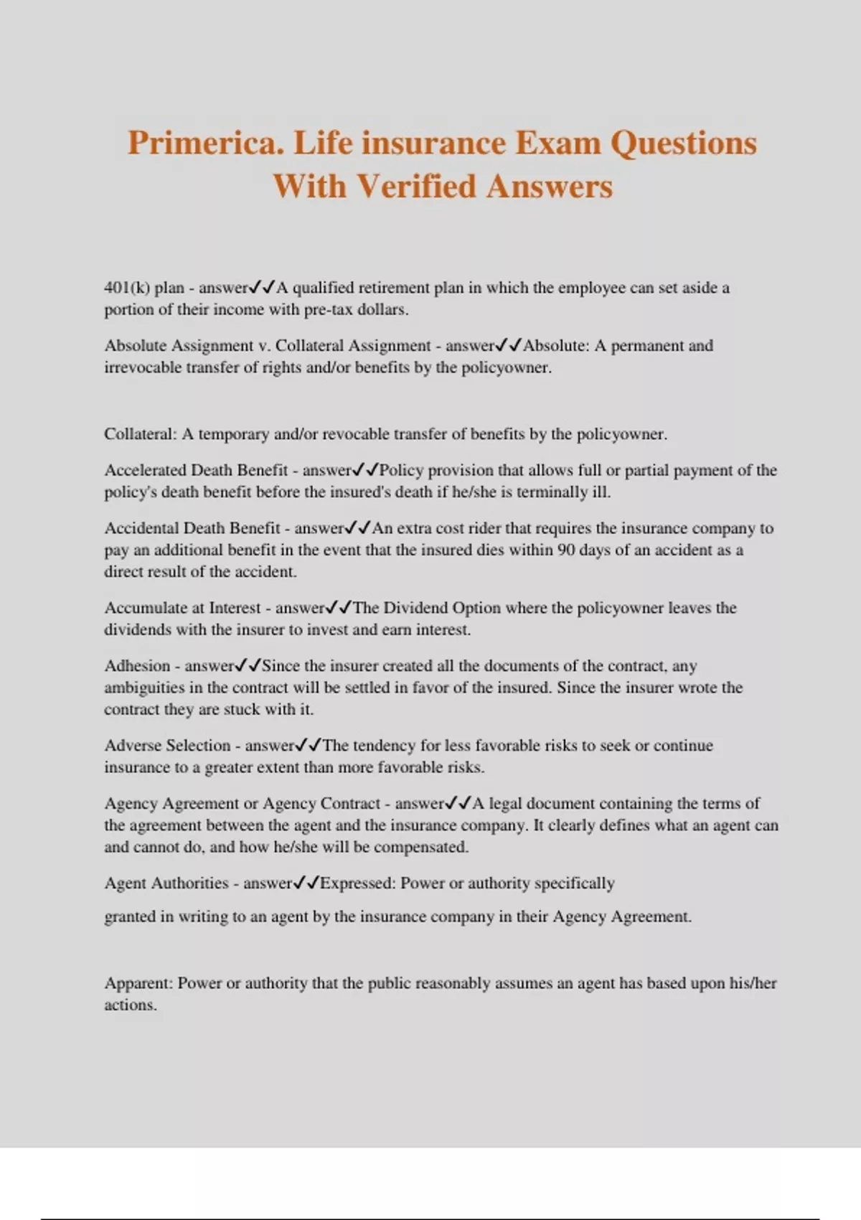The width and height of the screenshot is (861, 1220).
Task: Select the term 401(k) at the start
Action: pos(127,288)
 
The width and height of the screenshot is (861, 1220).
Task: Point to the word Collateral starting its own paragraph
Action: pos(139,434)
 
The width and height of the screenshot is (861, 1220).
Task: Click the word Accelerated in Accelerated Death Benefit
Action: pos(145,471)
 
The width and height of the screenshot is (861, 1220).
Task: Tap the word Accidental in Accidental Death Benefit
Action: pos(141,528)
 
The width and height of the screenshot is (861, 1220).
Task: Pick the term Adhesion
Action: pos(137,666)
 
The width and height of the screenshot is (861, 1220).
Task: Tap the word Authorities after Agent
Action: pos(189,883)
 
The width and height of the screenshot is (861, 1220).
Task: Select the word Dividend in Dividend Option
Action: pos(415,608)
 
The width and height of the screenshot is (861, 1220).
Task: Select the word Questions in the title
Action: pos(683,144)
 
